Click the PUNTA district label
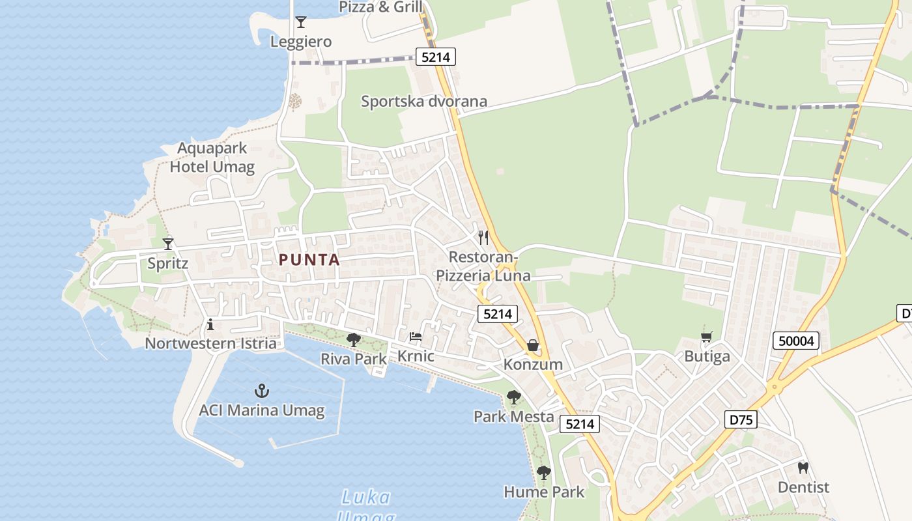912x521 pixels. [x=309, y=260]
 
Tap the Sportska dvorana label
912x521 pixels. [x=424, y=101]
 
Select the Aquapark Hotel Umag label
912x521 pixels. [x=212, y=158]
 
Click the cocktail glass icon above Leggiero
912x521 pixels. [x=300, y=22]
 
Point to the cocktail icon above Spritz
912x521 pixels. [x=168, y=244]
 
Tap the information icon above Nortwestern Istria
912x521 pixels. [x=210, y=324]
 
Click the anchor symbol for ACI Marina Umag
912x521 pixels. [x=261, y=391]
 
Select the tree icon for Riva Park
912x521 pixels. [x=354, y=339]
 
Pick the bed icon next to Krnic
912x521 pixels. [x=416, y=337]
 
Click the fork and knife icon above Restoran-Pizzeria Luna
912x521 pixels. [x=483, y=237]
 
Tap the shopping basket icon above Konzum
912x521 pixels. [x=533, y=345]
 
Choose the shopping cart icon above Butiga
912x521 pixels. [x=707, y=337]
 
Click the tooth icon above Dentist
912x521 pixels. [x=803, y=468]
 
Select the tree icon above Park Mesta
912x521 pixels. [x=514, y=397]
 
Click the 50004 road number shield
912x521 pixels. [x=796, y=341]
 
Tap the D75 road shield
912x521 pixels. [x=741, y=419]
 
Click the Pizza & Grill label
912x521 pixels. [x=381, y=7]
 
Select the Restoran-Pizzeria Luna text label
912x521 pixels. [x=483, y=266]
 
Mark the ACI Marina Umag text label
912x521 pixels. [x=261, y=410]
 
